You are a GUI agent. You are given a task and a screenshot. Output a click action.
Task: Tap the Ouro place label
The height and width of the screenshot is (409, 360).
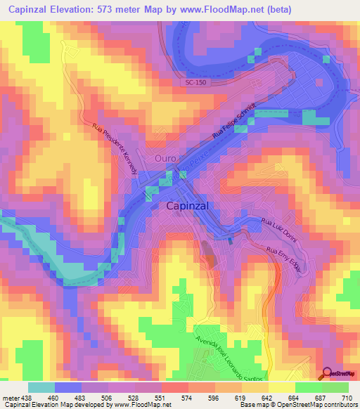(x=166, y=159)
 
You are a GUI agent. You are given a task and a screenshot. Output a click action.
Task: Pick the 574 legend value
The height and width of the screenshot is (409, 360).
(x=188, y=397)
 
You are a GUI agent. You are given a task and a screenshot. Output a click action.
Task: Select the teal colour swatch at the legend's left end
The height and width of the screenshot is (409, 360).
(x=41, y=387)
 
